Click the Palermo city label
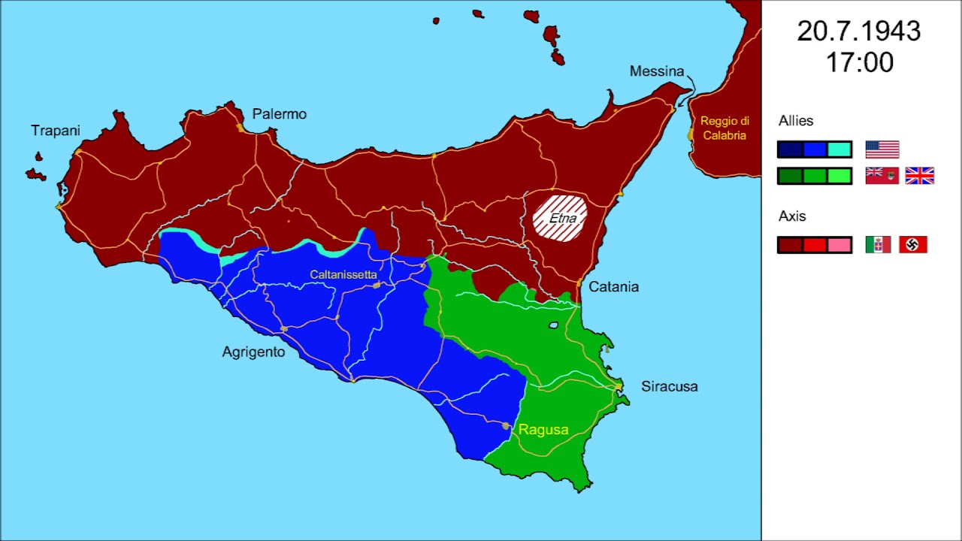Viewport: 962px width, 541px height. point(279,114)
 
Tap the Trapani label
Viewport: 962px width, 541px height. point(55,131)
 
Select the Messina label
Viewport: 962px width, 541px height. point(657,71)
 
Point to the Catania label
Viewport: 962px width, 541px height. point(613,286)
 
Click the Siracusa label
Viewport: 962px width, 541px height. point(669,386)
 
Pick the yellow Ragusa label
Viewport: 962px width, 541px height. point(543,430)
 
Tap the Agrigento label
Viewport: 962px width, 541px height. point(253,352)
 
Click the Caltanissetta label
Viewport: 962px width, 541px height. point(343,275)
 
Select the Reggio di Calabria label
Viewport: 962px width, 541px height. point(725,128)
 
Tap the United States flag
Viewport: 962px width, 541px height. point(882,150)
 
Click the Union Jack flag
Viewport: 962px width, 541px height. point(919,176)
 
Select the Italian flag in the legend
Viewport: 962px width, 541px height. point(878,244)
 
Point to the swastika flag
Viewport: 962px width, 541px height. point(913,244)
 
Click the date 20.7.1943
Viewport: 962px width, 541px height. point(859,32)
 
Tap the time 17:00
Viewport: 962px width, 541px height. point(859,63)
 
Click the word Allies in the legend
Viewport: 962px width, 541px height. point(796,121)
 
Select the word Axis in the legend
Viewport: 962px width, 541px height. point(792,216)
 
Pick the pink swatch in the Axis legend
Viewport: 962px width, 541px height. point(839,245)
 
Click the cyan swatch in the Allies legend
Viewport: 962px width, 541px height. point(839,150)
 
